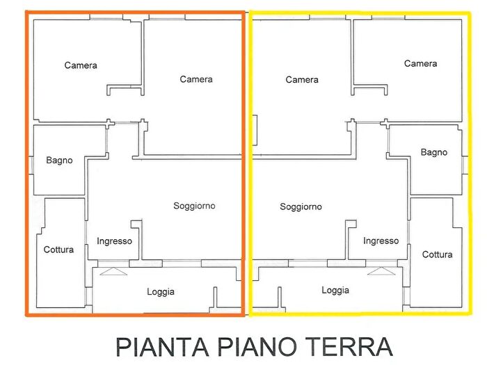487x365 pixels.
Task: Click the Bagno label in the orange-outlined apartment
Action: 59,161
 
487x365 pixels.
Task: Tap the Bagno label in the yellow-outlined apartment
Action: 434,152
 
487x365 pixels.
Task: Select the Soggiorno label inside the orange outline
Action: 194,206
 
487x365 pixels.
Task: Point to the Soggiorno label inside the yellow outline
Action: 301,206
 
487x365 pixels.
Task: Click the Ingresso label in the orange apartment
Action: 114,241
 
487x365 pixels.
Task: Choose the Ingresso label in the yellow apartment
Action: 381,241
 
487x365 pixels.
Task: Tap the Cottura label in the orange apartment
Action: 58,250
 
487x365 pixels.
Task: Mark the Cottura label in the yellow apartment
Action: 437,254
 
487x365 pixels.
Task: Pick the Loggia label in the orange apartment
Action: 161,292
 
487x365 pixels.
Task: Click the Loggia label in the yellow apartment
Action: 335,290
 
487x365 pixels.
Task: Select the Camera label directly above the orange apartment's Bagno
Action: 81,65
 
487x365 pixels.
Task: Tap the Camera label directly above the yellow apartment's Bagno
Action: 421,63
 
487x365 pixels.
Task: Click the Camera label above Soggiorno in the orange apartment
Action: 196,79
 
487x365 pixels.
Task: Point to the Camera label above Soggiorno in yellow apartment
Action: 302,80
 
